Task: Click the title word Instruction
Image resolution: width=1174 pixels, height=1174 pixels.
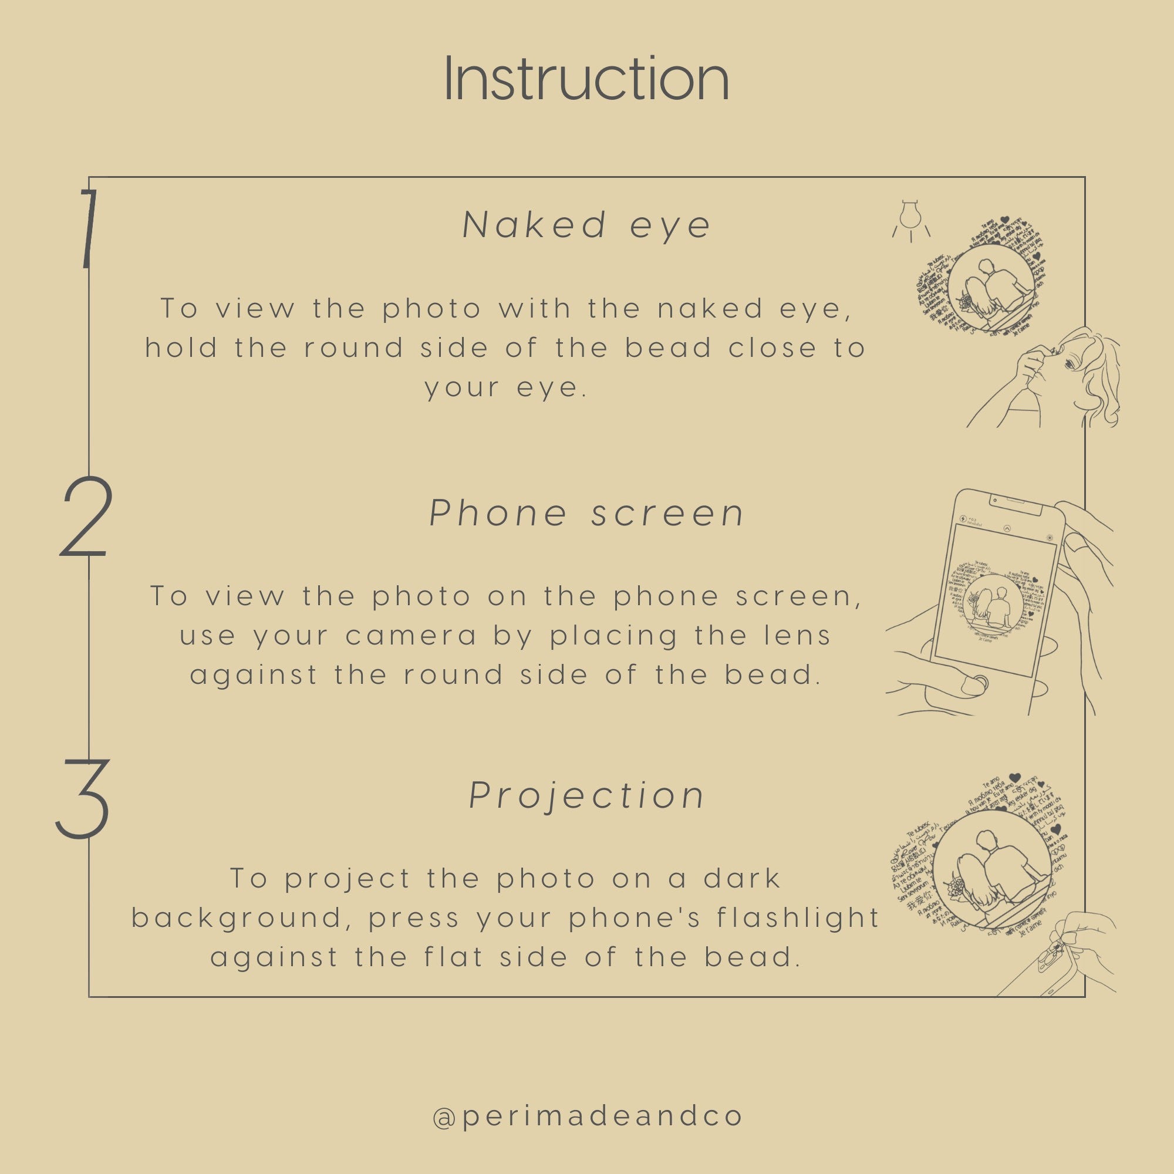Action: point(586,79)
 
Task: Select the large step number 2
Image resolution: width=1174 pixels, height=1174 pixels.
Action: point(86,517)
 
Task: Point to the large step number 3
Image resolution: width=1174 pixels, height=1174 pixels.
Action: point(83,798)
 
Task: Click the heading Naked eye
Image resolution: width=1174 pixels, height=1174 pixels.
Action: point(586,225)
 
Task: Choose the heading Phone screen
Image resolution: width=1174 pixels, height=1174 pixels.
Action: point(586,514)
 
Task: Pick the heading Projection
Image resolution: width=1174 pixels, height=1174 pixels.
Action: point(586,795)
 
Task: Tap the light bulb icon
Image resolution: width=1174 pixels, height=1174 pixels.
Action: point(910,220)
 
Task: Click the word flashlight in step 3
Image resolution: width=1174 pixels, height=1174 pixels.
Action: point(797,918)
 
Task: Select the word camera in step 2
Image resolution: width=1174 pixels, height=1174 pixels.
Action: point(411,636)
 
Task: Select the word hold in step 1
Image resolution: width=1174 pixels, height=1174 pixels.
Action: point(181,348)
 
